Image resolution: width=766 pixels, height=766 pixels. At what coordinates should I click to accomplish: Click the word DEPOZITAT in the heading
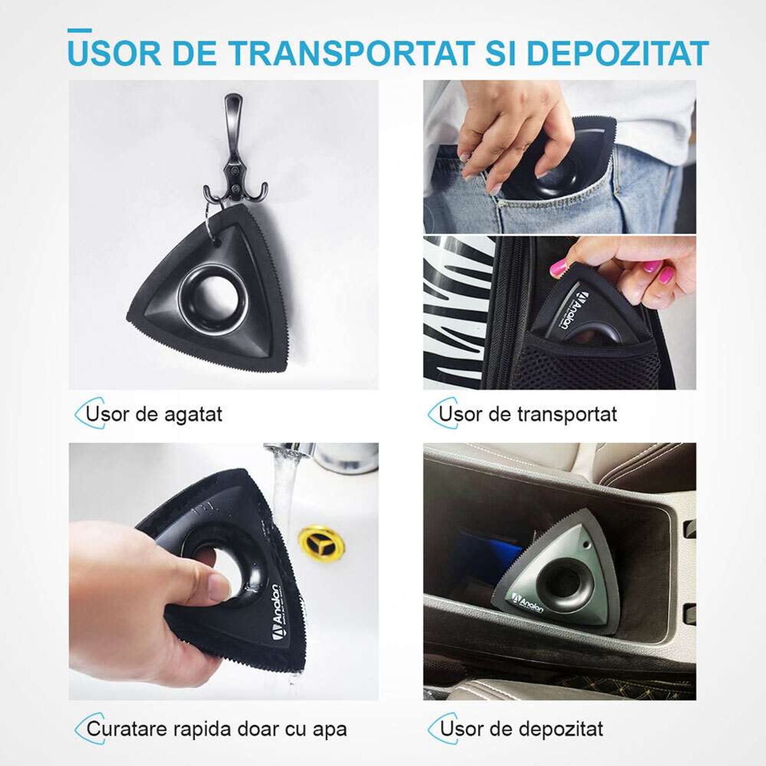tap(618, 53)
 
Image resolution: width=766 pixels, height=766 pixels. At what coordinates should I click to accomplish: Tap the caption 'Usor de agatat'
tap(154, 414)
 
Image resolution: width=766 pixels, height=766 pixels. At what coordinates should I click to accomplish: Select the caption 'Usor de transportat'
tap(528, 414)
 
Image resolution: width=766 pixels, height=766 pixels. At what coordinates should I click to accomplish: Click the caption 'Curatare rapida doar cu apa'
tap(217, 729)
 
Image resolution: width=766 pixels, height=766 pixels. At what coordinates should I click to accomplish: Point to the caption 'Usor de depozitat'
tap(521, 729)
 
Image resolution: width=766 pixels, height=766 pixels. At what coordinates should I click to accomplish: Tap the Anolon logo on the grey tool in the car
tap(528, 601)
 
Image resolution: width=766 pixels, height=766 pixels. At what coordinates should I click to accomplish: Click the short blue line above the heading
tap(80, 31)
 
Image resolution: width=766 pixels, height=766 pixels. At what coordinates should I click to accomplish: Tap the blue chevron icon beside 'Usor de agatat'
tap(82, 413)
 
